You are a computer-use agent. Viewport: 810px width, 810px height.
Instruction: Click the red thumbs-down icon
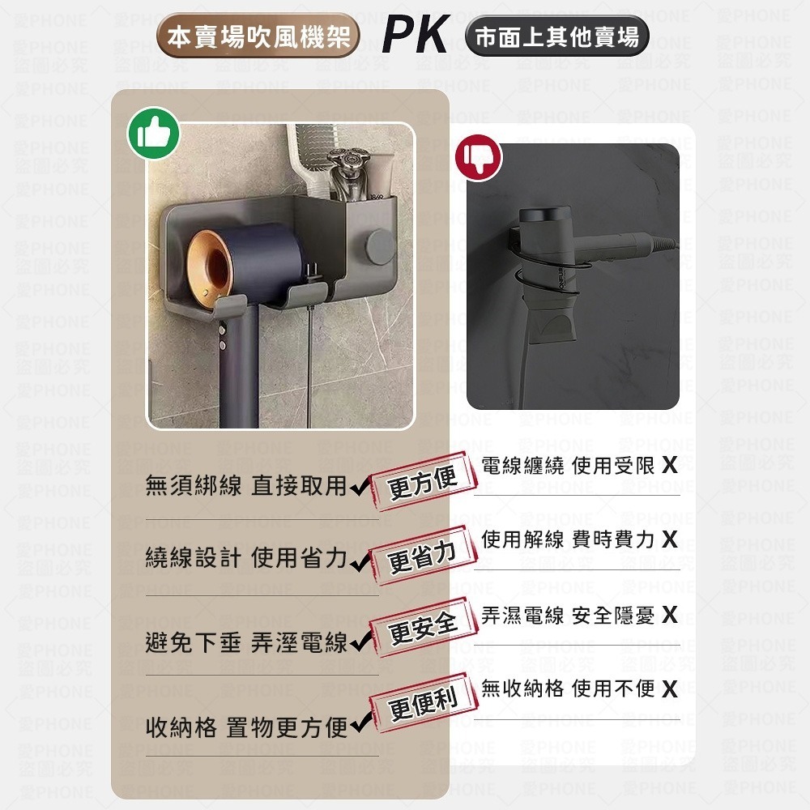point(479,158)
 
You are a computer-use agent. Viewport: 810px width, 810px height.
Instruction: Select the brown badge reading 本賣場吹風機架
point(258,37)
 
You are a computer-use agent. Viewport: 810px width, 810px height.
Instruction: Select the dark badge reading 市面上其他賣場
point(557,37)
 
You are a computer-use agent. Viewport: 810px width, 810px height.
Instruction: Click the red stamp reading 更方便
point(423,481)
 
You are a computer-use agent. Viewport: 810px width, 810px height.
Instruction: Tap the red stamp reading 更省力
point(423,556)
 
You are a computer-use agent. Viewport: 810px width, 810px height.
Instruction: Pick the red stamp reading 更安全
point(423,627)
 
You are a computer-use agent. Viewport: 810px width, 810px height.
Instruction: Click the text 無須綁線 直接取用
point(245,486)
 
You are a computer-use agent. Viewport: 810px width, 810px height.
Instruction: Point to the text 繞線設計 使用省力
point(245,559)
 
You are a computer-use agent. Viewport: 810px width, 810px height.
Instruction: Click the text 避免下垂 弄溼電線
point(245,643)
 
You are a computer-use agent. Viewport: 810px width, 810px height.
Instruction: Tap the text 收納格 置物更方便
point(245,727)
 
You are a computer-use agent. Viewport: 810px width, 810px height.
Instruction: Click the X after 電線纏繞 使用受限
point(669,466)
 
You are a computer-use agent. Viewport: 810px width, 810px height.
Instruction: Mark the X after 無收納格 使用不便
point(669,689)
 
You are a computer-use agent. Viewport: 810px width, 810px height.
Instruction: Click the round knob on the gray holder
point(379,244)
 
